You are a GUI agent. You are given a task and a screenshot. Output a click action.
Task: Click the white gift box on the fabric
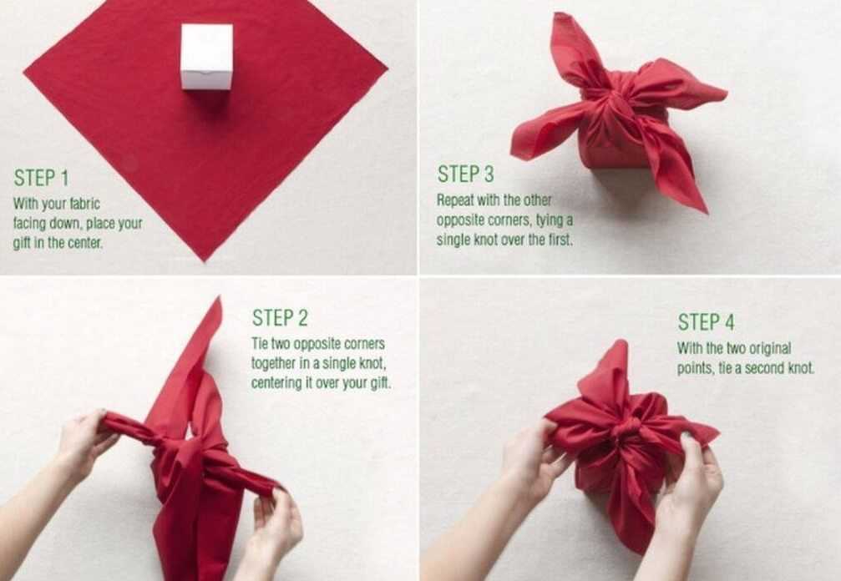206,56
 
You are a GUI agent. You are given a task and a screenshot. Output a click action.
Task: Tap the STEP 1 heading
41,178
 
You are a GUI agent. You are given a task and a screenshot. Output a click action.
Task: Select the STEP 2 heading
280,318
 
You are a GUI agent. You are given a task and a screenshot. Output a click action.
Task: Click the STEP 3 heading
465,174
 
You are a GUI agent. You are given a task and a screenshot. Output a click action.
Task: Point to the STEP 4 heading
706,322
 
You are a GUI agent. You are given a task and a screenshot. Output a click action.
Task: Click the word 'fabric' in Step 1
84,205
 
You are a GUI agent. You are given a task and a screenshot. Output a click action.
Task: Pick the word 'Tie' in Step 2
259,343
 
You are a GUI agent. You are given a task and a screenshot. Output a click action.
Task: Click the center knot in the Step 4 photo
626,427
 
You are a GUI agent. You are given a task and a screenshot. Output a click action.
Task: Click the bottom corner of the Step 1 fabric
205,261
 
